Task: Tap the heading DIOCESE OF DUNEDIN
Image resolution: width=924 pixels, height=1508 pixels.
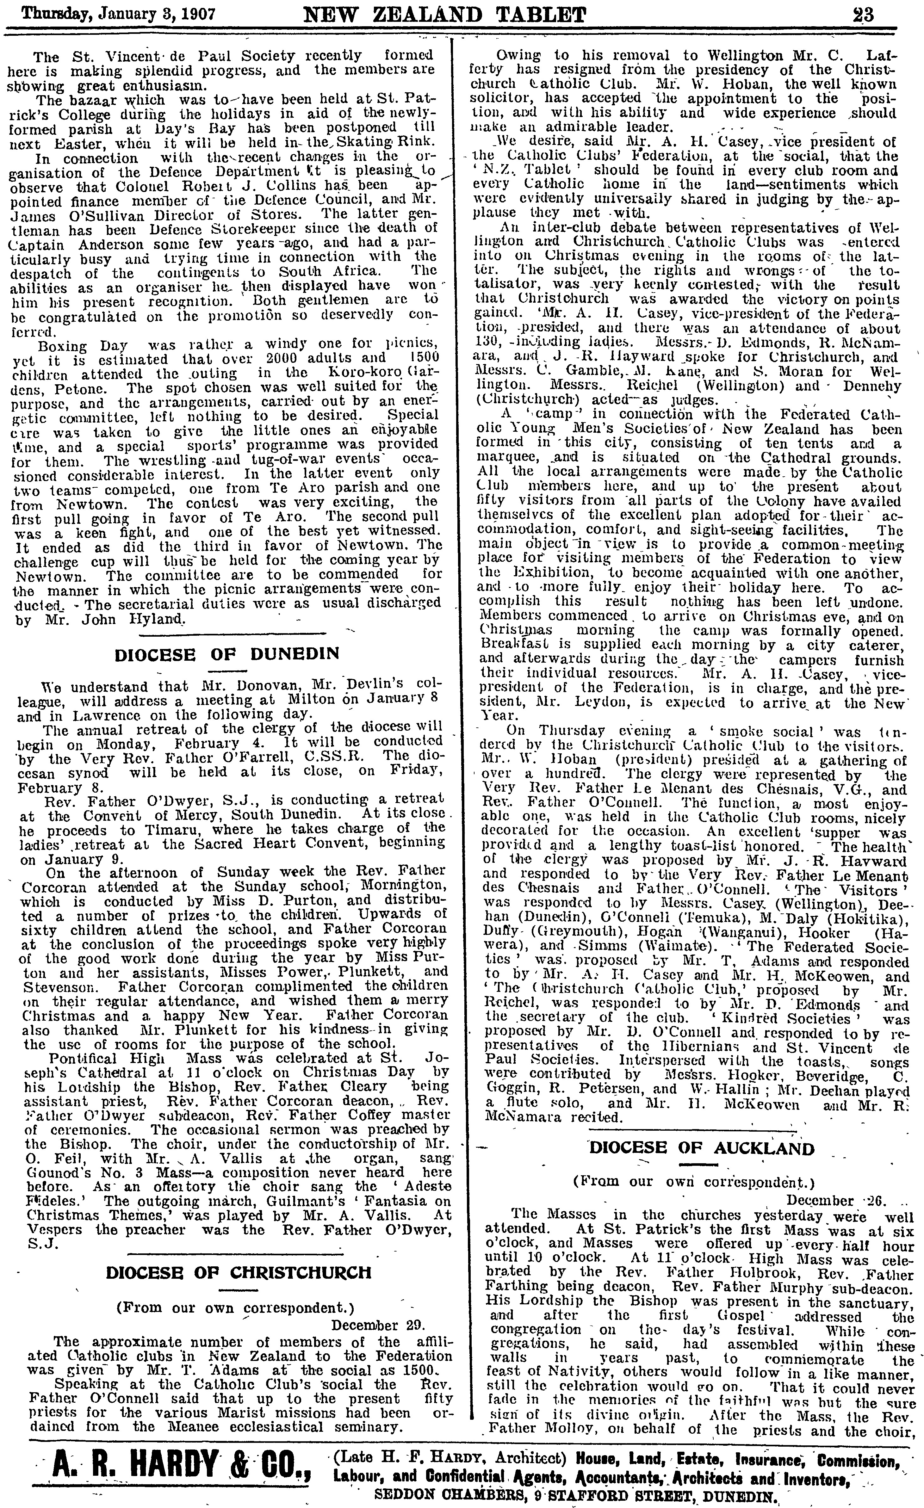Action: pyautogui.click(x=227, y=653)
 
